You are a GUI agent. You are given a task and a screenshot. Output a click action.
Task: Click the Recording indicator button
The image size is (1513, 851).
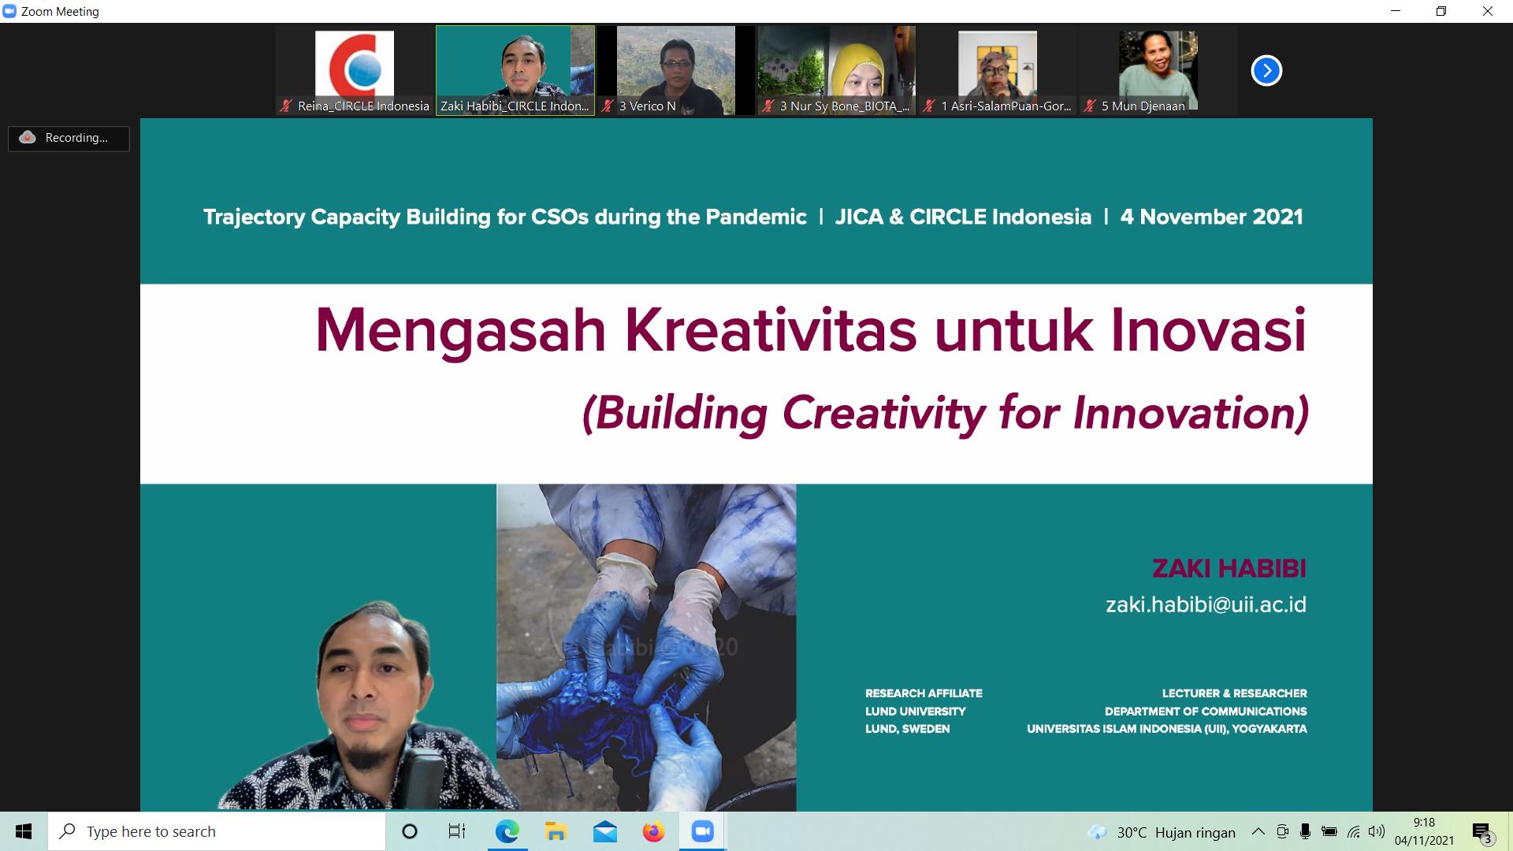pyautogui.click(x=69, y=138)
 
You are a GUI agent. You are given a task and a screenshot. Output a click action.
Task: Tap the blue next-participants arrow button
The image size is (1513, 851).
pyautogui.click(x=1266, y=71)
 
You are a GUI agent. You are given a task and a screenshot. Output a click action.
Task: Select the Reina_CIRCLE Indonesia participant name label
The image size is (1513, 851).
pyautogui.click(x=363, y=106)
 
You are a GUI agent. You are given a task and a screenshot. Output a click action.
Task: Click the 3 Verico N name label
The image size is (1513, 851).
pyautogui.click(x=647, y=106)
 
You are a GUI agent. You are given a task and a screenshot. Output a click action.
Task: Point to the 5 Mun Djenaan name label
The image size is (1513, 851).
pyautogui.click(x=1143, y=106)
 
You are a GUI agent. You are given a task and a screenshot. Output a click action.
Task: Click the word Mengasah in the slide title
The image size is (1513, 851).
pyautogui.click(x=460, y=331)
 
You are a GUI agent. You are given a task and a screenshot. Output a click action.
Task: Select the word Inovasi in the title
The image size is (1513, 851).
pyautogui.click(x=1208, y=329)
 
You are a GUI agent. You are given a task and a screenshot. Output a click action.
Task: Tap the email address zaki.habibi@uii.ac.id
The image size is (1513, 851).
pyautogui.click(x=1206, y=604)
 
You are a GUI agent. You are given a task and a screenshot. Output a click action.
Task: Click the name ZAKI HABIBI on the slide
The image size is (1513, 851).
pyautogui.click(x=1229, y=568)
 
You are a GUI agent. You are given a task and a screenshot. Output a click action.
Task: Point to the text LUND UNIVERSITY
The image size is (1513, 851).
pyautogui.click(x=915, y=712)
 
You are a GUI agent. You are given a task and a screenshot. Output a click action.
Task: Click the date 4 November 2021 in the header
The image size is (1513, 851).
pyautogui.click(x=1211, y=217)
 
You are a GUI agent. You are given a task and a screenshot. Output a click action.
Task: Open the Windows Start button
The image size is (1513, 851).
pyautogui.click(x=24, y=831)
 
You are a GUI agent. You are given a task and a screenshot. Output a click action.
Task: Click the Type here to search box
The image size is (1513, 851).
pyautogui.click(x=217, y=831)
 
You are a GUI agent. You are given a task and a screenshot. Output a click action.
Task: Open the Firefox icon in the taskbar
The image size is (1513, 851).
pyautogui.click(x=653, y=831)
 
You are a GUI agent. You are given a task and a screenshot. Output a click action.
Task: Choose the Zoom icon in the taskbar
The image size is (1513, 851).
pyautogui.click(x=702, y=831)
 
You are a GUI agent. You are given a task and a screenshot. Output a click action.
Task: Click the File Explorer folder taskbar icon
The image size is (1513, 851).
pyautogui.click(x=556, y=831)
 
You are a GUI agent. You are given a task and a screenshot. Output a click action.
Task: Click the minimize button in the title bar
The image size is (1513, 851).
pyautogui.click(x=1396, y=11)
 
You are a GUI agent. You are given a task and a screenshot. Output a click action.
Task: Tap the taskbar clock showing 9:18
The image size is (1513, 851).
pyautogui.click(x=1424, y=823)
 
